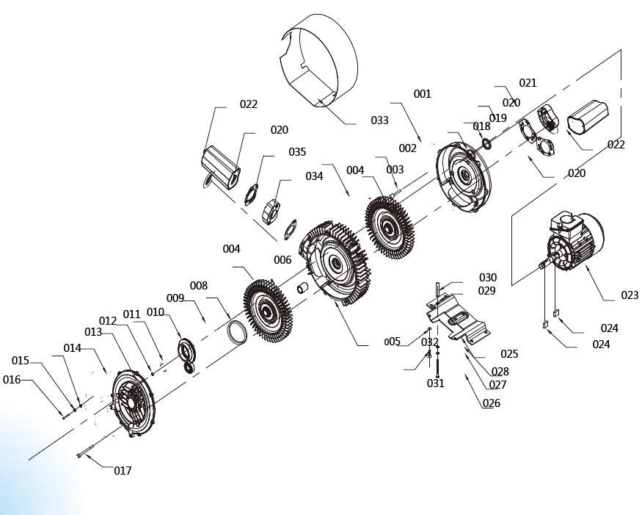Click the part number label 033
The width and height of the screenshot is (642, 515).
379,120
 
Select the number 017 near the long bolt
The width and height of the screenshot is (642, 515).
123,471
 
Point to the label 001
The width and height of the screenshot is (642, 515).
422,94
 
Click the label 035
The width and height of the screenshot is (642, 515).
297,152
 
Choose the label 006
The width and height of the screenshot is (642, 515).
282,260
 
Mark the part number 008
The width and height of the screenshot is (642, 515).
198,286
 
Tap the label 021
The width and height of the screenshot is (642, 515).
528,83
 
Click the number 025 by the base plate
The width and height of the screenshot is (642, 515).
509,354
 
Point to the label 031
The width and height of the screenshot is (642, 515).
436,383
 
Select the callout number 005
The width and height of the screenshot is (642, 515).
393,342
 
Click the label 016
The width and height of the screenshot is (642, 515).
12,380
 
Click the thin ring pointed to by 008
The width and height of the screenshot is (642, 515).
237,331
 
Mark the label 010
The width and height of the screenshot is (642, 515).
155,312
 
